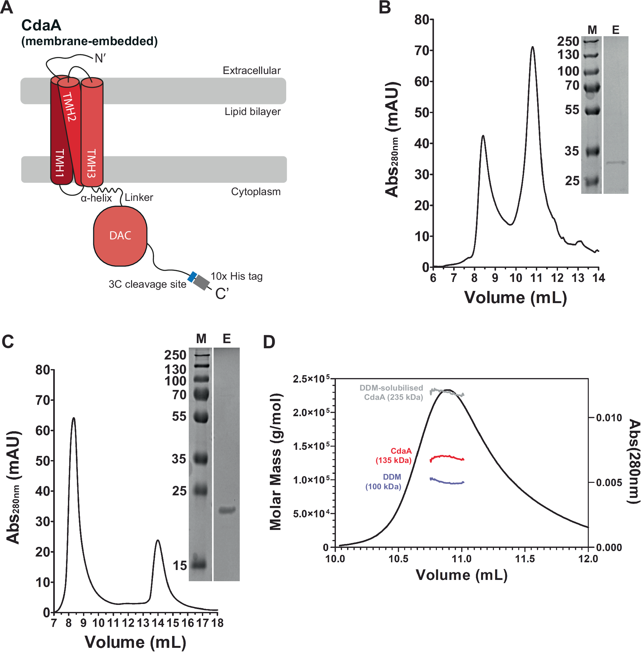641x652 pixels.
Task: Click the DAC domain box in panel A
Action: point(120,236)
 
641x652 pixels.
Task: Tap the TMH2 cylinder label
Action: point(70,106)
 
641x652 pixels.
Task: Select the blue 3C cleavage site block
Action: point(192,277)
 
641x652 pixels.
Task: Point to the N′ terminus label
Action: point(100,59)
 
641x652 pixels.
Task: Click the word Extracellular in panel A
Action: point(252,71)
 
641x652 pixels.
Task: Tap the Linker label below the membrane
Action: point(139,197)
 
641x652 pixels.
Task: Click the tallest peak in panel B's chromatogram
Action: point(533,47)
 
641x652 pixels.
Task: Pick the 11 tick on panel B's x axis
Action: point(536,278)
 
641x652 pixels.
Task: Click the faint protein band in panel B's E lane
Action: point(616,162)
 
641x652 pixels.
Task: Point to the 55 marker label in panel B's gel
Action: point(572,110)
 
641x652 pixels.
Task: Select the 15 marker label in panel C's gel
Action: point(179,565)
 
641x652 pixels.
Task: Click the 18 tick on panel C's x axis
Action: point(218,623)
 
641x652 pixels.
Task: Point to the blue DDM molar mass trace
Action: point(447,482)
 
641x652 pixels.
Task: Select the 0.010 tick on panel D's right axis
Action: point(609,418)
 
